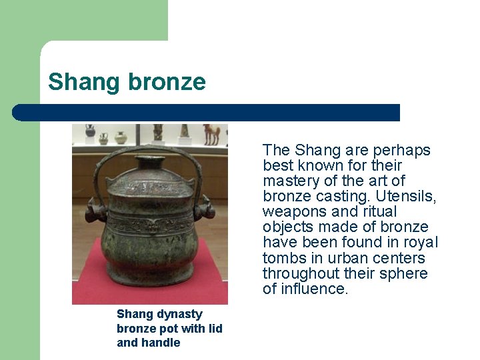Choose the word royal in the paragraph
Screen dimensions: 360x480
pyautogui.click(x=421, y=243)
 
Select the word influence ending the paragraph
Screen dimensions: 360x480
pyautogui.click(x=313, y=289)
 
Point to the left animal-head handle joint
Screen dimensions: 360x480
pyautogui.click(x=97, y=212)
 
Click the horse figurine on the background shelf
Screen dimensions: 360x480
pyautogui.click(x=211, y=134)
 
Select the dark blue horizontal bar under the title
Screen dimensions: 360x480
pyautogui.click(x=207, y=113)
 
